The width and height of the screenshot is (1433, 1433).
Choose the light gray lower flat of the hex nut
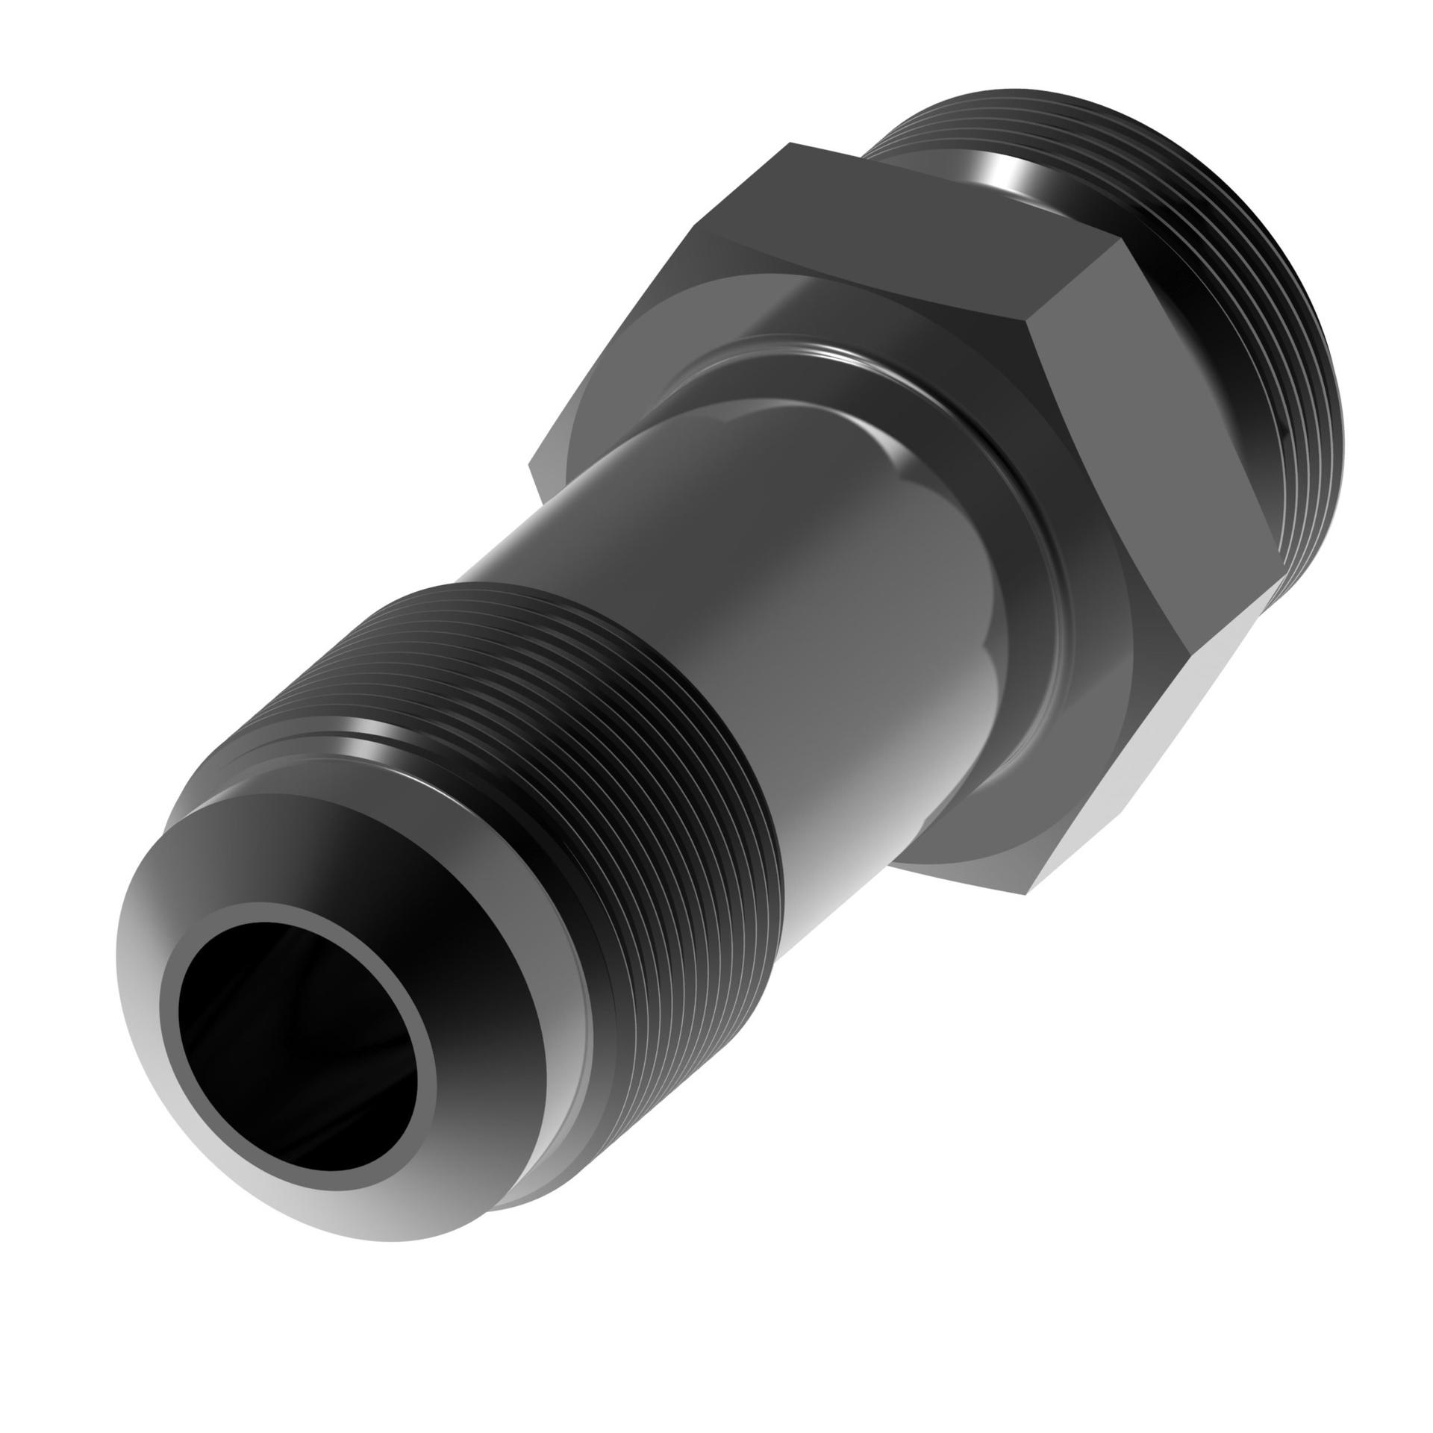pyautogui.click(x=1105, y=791)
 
